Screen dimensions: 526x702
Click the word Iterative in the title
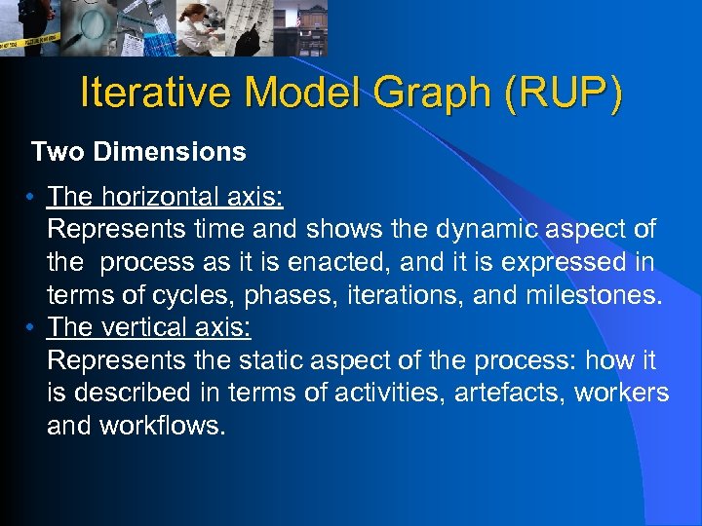[156, 94]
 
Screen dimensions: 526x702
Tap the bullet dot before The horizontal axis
[32, 198]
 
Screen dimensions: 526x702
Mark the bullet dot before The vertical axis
[32, 328]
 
